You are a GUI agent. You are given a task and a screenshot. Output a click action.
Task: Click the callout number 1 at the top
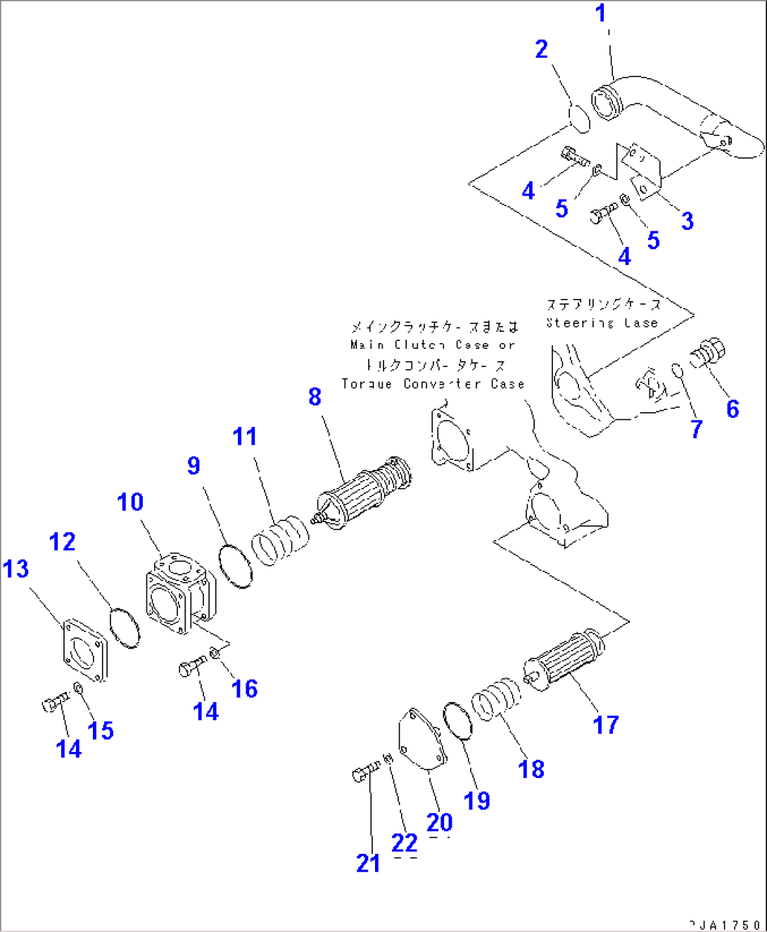pyautogui.click(x=600, y=13)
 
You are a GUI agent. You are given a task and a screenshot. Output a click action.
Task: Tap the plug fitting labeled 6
pyautogui.click(x=706, y=352)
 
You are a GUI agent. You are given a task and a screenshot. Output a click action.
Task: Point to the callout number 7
pyautogui.click(x=697, y=428)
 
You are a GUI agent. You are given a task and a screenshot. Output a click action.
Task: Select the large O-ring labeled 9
pyautogui.click(x=235, y=565)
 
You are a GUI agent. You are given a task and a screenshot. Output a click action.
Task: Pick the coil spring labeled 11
pyautogui.click(x=279, y=540)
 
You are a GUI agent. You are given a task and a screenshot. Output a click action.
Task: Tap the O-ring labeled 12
pyautogui.click(x=125, y=627)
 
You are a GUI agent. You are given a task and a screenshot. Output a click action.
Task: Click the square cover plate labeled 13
pyautogui.click(x=84, y=650)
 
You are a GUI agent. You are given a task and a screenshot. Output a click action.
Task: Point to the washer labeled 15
pyautogui.click(x=79, y=687)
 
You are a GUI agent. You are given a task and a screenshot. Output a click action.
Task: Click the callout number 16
pyautogui.click(x=244, y=689)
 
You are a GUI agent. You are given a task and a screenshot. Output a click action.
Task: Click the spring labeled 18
pyautogui.click(x=496, y=699)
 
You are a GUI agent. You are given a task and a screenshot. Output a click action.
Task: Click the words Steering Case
pyautogui.click(x=602, y=323)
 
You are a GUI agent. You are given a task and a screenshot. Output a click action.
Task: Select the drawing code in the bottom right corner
pyautogui.click(x=724, y=924)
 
